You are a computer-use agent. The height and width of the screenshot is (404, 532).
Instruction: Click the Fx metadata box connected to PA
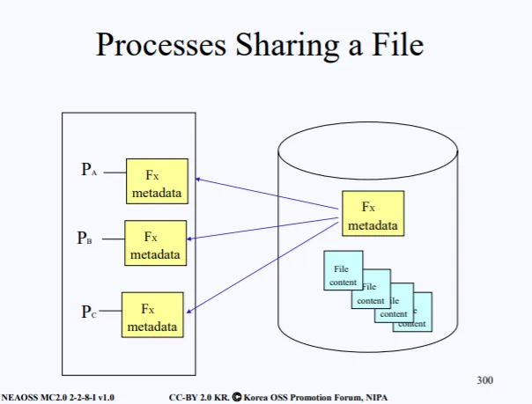click(x=157, y=181)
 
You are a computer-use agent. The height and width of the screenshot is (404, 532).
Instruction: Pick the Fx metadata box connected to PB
click(x=155, y=244)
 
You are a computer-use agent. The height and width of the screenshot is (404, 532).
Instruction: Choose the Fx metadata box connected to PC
click(x=152, y=314)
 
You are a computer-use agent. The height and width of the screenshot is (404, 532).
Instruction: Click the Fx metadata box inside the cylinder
click(x=373, y=214)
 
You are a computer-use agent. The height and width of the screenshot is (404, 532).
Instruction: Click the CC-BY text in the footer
click(x=184, y=397)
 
